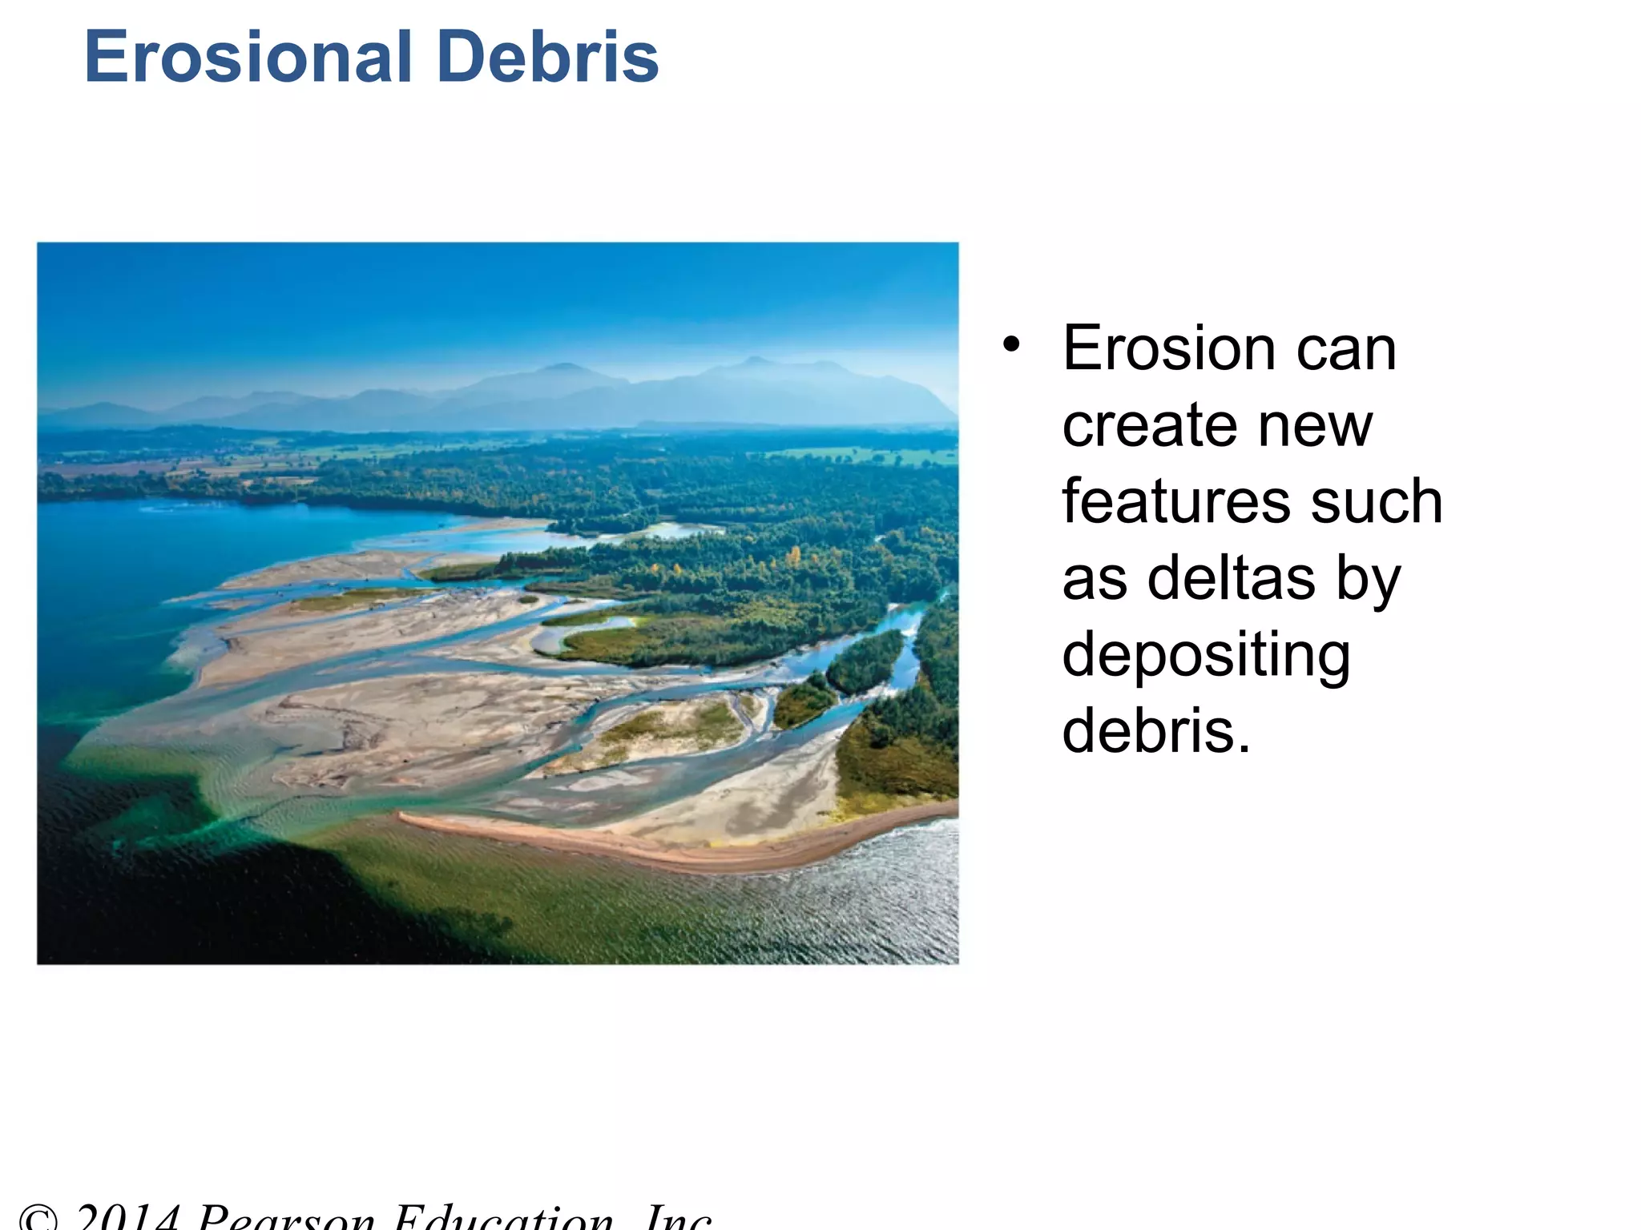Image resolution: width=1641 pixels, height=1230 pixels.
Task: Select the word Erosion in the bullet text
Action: [x=1168, y=349]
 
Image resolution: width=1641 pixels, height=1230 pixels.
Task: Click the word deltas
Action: [x=1232, y=578]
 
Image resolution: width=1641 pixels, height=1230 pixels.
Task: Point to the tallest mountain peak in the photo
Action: [x=753, y=361]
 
